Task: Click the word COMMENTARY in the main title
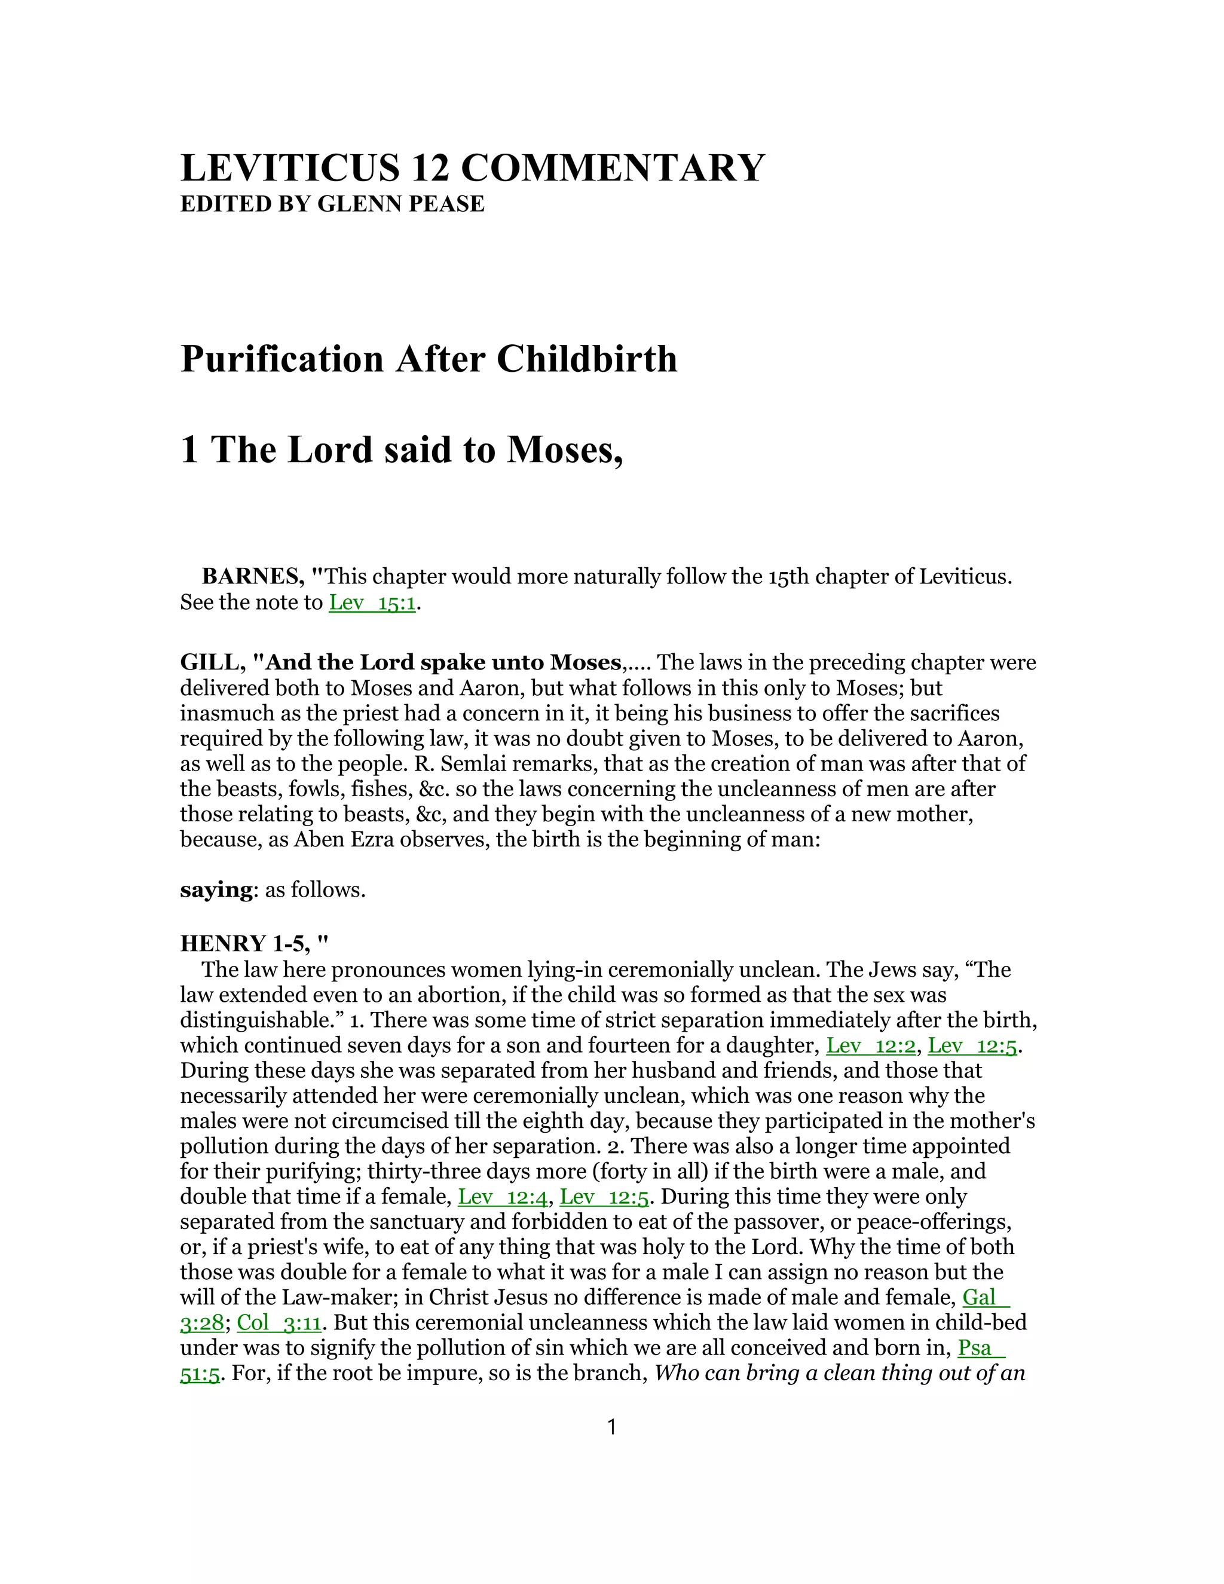[613, 169]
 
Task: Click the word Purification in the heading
[281, 359]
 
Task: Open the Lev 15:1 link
[372, 603]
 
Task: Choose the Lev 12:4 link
[503, 1197]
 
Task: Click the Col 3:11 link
[279, 1323]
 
